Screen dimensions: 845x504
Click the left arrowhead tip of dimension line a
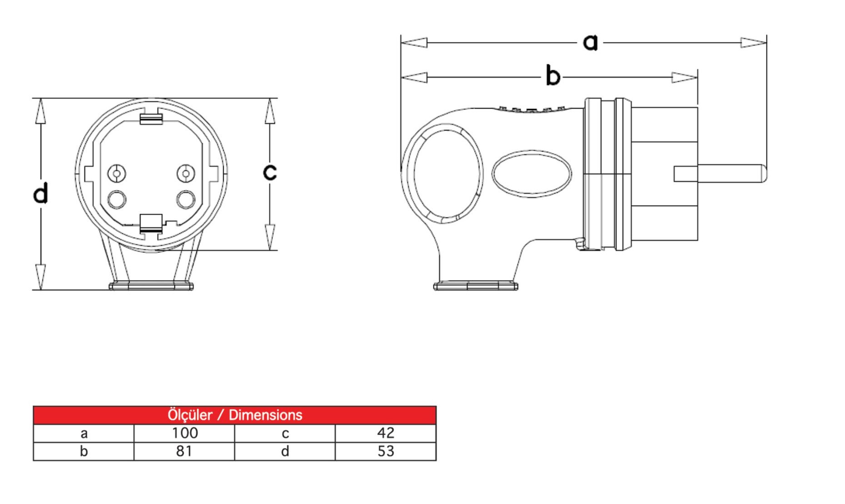coord(401,43)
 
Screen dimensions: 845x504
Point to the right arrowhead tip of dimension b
coord(697,77)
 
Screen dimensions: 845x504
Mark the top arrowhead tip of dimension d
coord(40,98)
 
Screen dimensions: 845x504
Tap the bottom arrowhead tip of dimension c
coord(270,250)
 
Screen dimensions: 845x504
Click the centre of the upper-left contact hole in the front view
coord(116,173)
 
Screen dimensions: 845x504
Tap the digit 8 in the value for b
coord(180,451)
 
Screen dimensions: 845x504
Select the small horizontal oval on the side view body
coord(531,174)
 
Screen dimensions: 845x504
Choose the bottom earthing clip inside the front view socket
coord(151,223)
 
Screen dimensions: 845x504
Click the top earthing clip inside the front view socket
coord(151,117)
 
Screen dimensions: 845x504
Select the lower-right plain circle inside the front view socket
coord(186,199)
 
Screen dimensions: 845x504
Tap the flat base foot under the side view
coord(476,286)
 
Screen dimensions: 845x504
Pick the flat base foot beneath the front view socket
coord(151,286)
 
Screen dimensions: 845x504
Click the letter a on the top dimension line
coord(590,42)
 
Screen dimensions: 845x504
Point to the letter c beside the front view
coord(270,172)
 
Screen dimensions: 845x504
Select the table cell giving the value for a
coord(184,433)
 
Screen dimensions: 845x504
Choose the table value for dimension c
coord(385,433)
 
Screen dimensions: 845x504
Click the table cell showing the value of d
coord(385,451)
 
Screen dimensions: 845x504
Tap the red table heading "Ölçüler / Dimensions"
coord(235,415)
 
